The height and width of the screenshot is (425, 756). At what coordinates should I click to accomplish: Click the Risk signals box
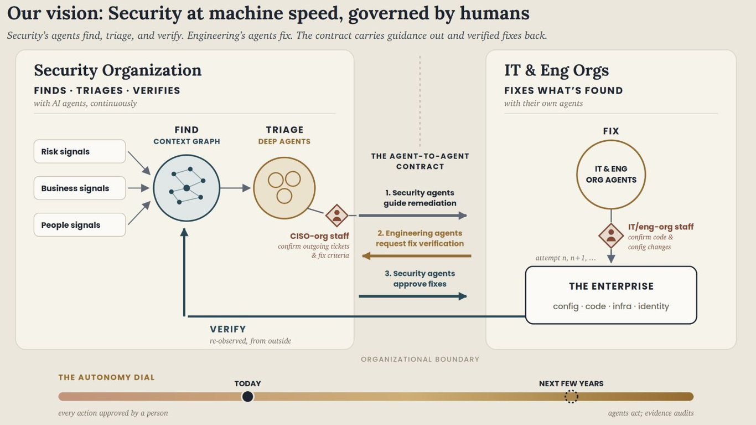pyautogui.click(x=80, y=151)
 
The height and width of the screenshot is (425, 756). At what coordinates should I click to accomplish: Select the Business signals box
pyautogui.click(x=80, y=188)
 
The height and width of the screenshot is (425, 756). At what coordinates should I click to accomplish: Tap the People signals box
pyautogui.click(x=80, y=224)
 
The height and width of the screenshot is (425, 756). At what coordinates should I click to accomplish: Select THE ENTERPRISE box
pyautogui.click(x=611, y=295)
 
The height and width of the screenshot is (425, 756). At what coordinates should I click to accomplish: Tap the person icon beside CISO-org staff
pyautogui.click(x=337, y=216)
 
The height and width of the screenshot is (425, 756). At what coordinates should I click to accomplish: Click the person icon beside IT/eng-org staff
pyautogui.click(x=611, y=235)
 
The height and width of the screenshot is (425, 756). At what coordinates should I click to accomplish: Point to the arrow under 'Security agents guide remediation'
pyautogui.click(x=413, y=215)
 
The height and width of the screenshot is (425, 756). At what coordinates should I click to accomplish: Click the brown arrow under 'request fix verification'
pyautogui.click(x=417, y=256)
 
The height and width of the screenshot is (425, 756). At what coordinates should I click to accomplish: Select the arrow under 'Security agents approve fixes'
pyautogui.click(x=413, y=296)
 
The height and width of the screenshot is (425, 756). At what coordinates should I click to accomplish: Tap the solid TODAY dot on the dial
pyautogui.click(x=247, y=396)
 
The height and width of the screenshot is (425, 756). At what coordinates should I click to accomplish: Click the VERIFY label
pyautogui.click(x=228, y=329)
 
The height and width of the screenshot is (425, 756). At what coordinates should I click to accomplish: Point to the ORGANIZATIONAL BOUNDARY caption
pyautogui.click(x=420, y=359)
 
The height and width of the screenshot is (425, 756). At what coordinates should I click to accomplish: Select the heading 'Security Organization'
pyautogui.click(x=117, y=70)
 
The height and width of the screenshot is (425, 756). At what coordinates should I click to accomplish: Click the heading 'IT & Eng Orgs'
pyautogui.click(x=557, y=70)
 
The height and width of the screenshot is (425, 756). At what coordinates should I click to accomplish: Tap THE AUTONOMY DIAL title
pyautogui.click(x=106, y=377)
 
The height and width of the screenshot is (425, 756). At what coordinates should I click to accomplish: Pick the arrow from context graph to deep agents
pyautogui.click(x=236, y=188)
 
